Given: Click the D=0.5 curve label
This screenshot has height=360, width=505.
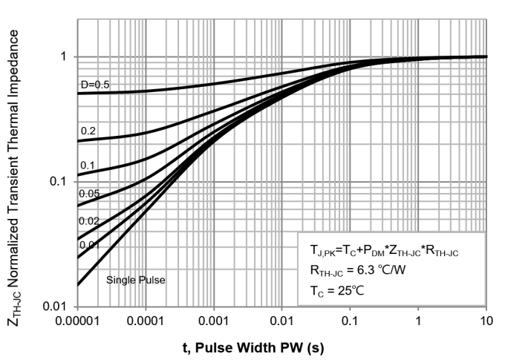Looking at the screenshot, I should (95, 85).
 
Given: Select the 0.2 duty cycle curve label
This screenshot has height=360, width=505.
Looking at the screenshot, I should (88, 131).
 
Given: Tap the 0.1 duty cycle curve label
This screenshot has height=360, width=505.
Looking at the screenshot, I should (88, 165).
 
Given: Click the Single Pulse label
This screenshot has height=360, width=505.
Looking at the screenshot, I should (135, 281).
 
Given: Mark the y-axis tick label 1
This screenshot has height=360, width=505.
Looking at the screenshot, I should (64, 57).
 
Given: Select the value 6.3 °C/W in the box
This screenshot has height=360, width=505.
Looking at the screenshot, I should (401, 270).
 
